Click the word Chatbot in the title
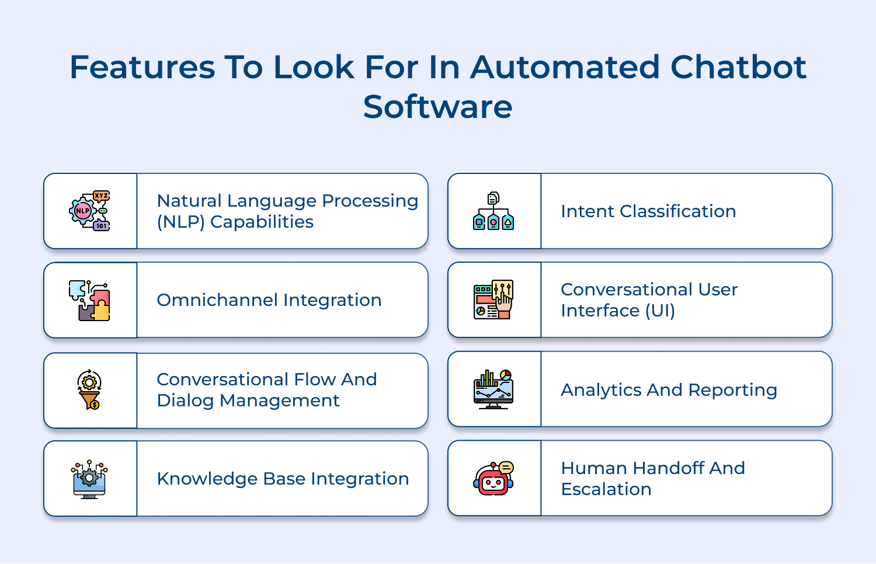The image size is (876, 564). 738,67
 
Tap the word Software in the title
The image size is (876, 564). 437,107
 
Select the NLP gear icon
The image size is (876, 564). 89,211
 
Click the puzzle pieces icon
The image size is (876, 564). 89,300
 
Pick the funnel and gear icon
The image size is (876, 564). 89,389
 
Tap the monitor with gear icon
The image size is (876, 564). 89,479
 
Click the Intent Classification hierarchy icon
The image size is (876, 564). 493,211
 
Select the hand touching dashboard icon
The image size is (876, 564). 493,300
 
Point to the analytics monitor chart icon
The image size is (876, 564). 493,389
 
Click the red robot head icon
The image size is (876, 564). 493,479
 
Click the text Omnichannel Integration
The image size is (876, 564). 269,300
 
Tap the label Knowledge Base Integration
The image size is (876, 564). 283,479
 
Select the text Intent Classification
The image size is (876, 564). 648,211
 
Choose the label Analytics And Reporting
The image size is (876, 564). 669,390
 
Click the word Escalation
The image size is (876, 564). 606,489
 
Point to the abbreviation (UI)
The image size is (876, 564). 660,311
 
